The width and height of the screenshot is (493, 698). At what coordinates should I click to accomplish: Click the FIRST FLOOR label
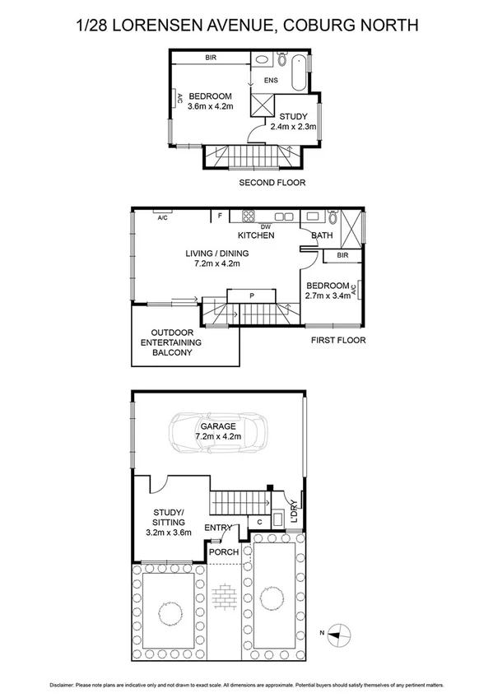(x=337, y=339)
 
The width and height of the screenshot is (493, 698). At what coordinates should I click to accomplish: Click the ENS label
(x=271, y=80)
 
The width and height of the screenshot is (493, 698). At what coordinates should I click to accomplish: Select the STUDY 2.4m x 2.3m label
(x=296, y=121)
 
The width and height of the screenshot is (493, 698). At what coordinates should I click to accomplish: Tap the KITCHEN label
(x=256, y=235)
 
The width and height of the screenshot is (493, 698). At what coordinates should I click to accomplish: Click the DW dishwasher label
(x=265, y=226)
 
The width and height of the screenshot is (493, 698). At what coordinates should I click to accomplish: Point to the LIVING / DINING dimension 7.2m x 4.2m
(x=216, y=264)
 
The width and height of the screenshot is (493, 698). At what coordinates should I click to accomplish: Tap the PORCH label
(x=223, y=551)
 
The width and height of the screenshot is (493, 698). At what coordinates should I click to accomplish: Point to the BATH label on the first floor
(x=322, y=235)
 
